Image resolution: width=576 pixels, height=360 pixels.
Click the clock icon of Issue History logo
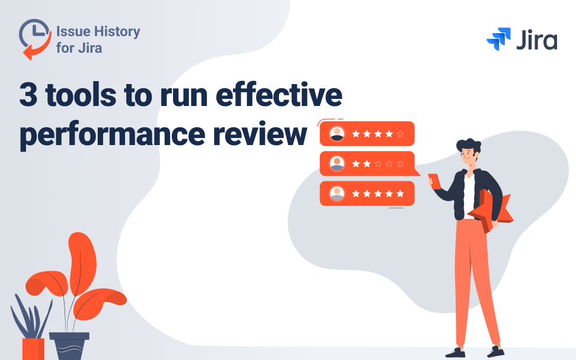(x=34, y=37)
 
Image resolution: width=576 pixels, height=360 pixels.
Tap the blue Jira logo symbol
(x=498, y=39)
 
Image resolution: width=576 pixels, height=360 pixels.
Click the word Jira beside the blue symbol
(x=536, y=40)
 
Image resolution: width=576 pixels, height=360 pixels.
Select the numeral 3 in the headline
(x=27, y=96)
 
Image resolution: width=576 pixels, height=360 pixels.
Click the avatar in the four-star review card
(x=337, y=134)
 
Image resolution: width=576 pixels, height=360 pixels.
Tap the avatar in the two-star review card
(x=337, y=163)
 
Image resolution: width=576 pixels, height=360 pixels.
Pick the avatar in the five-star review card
(x=337, y=193)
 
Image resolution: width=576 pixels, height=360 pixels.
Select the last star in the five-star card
(x=400, y=193)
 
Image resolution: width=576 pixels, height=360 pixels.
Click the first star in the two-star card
(x=355, y=163)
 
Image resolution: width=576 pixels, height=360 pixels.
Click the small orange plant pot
(x=33, y=349)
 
